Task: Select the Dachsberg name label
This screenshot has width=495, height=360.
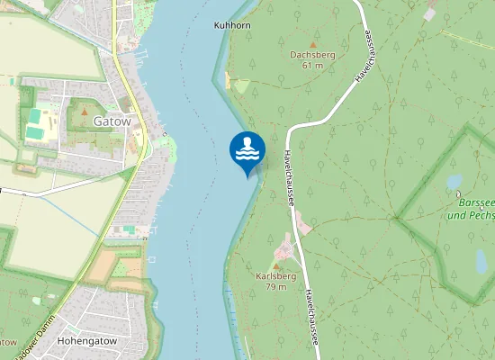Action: [312, 55]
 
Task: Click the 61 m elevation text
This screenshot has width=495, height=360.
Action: [312, 65]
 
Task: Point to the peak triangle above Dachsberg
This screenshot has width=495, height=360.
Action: [313, 43]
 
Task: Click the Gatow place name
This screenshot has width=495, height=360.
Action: [112, 120]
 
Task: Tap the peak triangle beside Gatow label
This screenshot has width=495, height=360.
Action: [84, 112]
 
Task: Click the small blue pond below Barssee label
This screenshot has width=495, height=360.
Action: [481, 260]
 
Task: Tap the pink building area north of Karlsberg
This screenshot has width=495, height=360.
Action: [302, 222]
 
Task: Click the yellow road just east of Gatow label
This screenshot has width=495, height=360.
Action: [138, 121]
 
